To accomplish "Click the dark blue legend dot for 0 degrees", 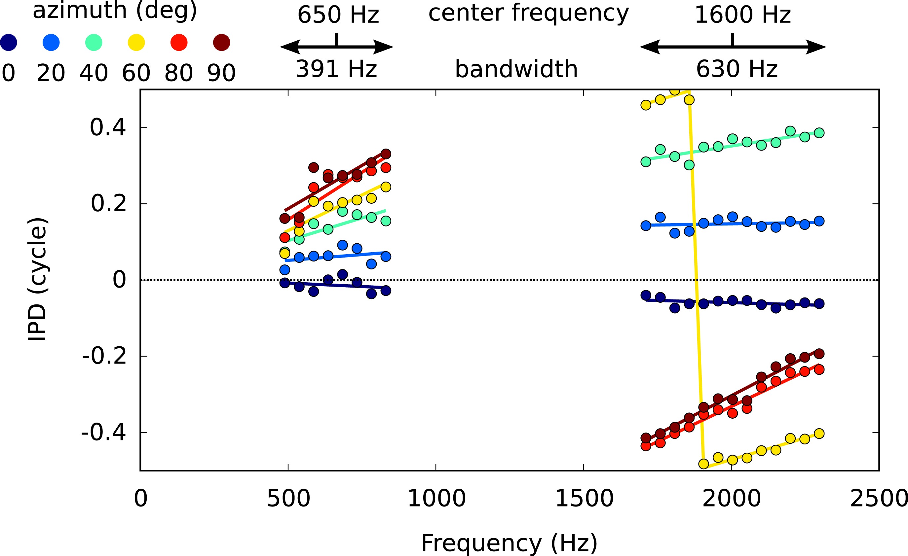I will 9,42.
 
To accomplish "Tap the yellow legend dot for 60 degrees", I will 136,42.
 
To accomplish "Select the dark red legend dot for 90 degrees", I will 221,42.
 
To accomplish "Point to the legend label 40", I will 94,73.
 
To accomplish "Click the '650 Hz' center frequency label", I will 338,15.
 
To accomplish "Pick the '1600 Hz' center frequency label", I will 742,15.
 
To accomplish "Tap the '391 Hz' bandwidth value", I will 336,69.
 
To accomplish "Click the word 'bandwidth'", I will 516,69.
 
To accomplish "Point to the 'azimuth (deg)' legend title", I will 115,10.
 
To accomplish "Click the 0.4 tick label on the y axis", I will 108,127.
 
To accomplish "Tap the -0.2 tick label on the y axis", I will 104,356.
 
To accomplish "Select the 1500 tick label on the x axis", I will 584,499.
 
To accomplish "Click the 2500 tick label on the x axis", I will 879,499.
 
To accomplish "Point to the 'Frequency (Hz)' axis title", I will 509,543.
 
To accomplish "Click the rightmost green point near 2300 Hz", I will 819,133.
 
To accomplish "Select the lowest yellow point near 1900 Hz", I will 703,464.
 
